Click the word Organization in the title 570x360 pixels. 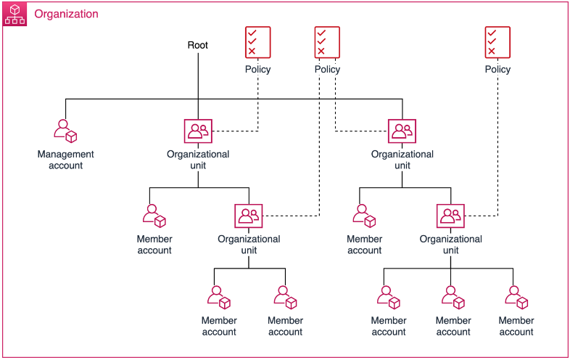pyautogui.click(x=66, y=15)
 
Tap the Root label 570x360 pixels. pyautogui.click(x=198, y=45)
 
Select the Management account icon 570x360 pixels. pyautogui.click(x=65, y=131)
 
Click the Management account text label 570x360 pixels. pyautogui.click(x=65, y=160)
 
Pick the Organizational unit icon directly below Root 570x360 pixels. pyautogui.click(x=198, y=131)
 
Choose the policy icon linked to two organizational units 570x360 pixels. pyautogui.click(x=327, y=41)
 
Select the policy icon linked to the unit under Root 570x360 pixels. pyautogui.click(x=257, y=41)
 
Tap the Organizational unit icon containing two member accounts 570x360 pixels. pyautogui.click(x=249, y=216)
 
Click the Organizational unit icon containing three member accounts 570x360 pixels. pyautogui.click(x=450, y=216)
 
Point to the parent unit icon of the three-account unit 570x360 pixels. pyautogui.click(x=402, y=131)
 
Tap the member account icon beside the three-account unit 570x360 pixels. pyautogui.click(x=364, y=216)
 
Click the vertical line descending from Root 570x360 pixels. pyautogui.click(x=198, y=80)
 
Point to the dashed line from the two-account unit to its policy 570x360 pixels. pyautogui.click(x=319, y=145)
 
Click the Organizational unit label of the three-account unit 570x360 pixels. pyautogui.click(x=450, y=245)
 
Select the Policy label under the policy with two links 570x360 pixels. pyautogui.click(x=327, y=70)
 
